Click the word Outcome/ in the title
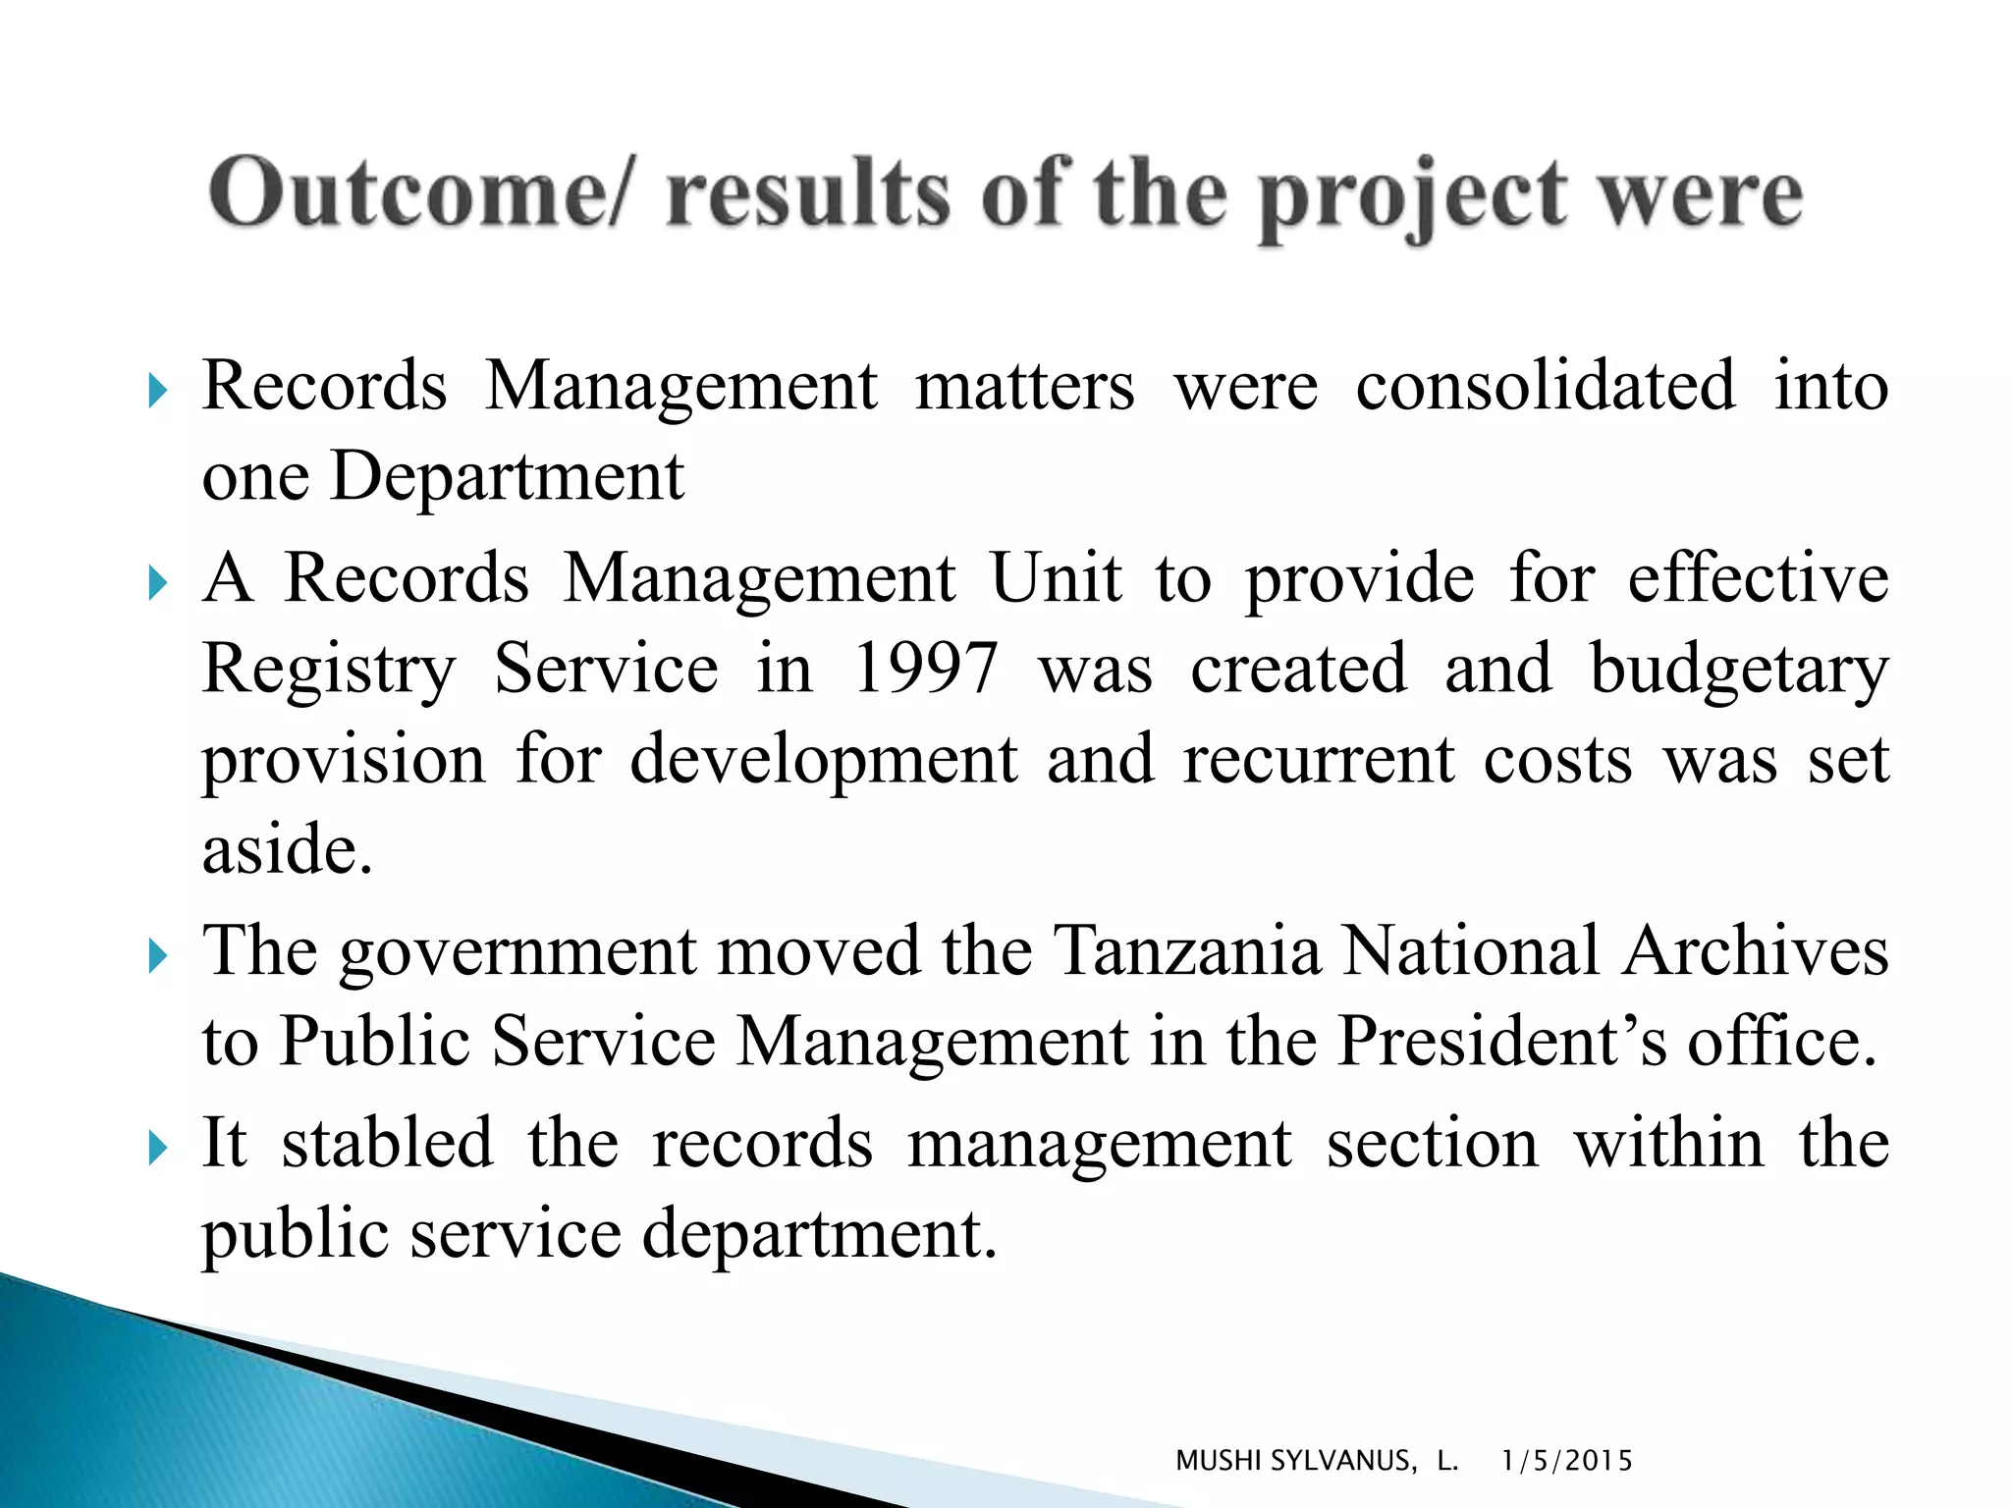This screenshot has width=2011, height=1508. tap(416, 192)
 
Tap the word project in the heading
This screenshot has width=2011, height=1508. tap(1413, 196)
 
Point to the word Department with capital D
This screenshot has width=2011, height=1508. tap(507, 477)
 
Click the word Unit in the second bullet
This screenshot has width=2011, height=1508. tap(1056, 578)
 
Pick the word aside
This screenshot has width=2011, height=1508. tap(287, 849)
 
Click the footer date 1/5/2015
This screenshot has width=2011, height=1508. tap(1566, 1461)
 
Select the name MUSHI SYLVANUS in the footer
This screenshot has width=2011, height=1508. tap(1296, 1461)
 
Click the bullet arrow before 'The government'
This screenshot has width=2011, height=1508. tap(157, 955)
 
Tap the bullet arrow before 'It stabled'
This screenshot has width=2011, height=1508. tap(157, 1147)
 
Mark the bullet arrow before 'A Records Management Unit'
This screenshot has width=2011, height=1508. tap(157, 583)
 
